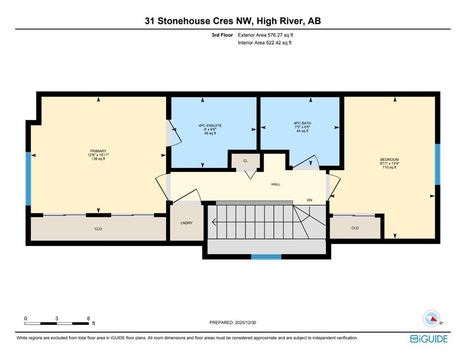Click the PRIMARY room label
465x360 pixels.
pos(98,151)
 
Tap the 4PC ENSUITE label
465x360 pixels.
pos(210,126)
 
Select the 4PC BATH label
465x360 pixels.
pos(302,123)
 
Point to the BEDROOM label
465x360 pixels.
pos(390,159)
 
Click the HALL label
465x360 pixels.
pos(276,184)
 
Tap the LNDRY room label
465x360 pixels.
pos(187,223)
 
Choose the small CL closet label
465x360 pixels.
pos(246,161)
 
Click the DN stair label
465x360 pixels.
pos(309,200)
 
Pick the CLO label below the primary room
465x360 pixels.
pos(98,229)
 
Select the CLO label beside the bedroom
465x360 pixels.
pos(355,228)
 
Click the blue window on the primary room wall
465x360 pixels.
pos(28,179)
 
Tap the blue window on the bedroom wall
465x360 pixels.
pos(437,164)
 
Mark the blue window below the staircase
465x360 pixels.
pos(266,257)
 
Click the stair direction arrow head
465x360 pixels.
pos(214,222)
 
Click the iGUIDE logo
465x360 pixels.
pos(429,338)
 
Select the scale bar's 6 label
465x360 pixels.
pos(89,318)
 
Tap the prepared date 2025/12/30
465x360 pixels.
pos(245,322)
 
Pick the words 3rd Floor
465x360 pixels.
pos(222,35)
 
